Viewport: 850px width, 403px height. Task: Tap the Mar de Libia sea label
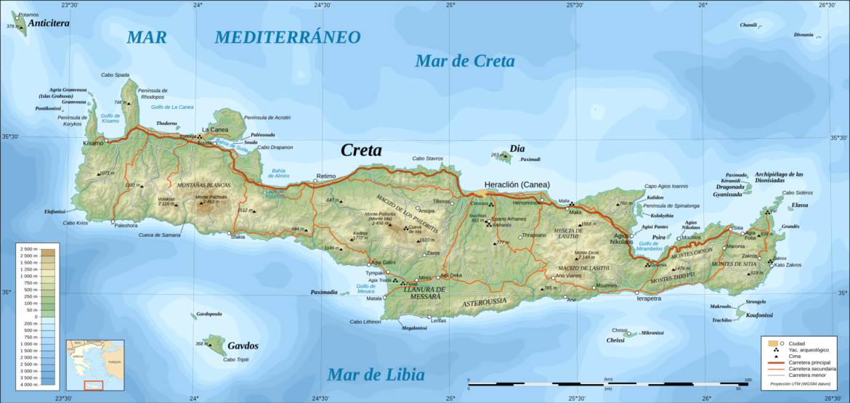coord(376,375)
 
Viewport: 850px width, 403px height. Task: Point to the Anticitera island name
coord(49,24)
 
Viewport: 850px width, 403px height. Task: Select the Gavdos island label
coord(243,346)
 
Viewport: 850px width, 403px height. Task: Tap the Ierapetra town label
coord(649,298)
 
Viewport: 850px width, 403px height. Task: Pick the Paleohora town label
coord(126,225)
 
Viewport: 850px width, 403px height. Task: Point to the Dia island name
coord(517,148)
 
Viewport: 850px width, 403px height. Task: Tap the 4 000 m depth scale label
coord(28,384)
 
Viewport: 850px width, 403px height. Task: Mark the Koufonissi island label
coord(758,315)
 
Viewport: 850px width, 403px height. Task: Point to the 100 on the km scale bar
coord(748,380)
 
